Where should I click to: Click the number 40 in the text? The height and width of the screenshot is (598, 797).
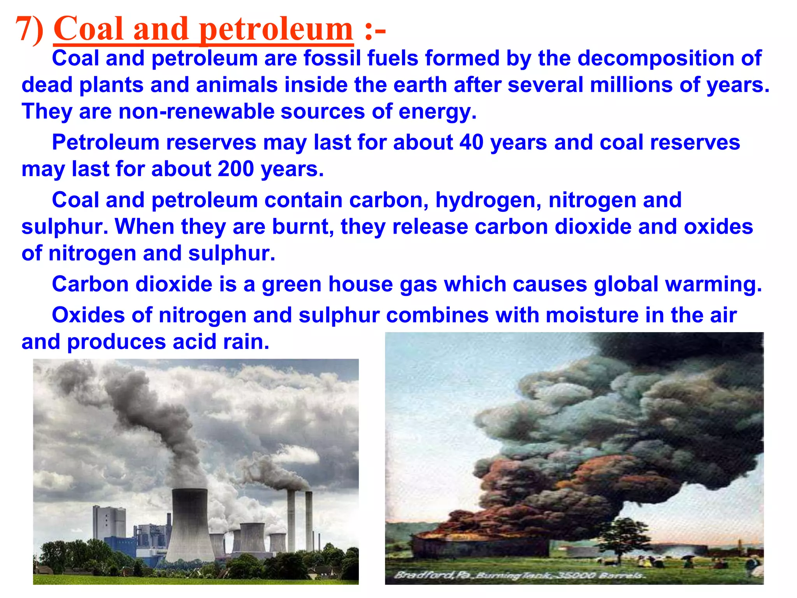[471, 142]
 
